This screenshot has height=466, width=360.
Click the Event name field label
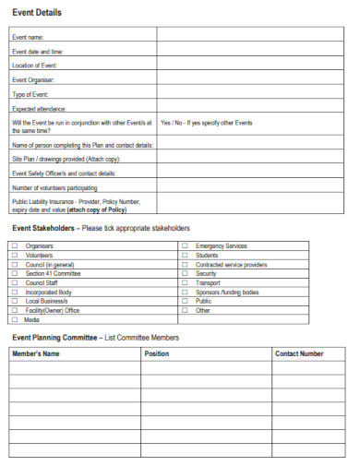pos(29,37)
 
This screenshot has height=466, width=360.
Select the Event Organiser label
pos(34,79)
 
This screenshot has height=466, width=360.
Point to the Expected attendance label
pos(38,108)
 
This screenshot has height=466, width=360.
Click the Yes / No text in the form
pos(173,123)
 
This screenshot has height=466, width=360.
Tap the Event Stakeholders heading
pos(43,228)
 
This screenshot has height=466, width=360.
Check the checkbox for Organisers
pos(14,246)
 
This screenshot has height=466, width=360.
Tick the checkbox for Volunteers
pos(14,256)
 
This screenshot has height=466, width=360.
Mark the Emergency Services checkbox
pos(185,246)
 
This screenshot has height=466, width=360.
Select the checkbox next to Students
pos(185,256)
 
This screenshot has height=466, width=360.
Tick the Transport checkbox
pos(185,283)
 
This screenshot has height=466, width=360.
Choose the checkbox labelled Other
pos(185,310)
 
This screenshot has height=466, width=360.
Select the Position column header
pos(157,353)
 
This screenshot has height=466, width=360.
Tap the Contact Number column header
pos(299,353)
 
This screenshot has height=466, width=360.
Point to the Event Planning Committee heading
pos(54,338)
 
